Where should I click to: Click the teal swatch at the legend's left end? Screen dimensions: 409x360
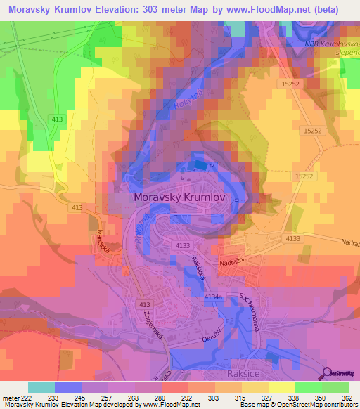click(x=41, y=387)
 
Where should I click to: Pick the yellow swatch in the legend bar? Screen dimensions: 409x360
click(x=282, y=387)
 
